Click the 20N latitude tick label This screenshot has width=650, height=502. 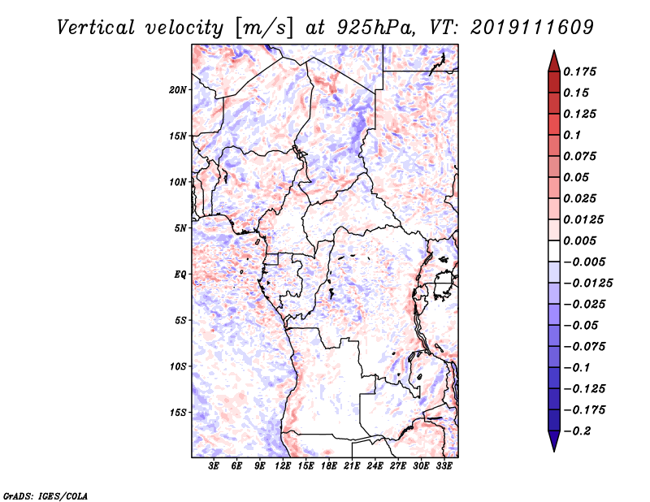178,89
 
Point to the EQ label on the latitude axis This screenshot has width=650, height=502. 180,275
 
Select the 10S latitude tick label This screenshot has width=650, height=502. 178,366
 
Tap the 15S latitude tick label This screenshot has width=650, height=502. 178,413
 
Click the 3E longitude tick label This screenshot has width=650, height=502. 214,466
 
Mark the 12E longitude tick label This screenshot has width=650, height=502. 283,466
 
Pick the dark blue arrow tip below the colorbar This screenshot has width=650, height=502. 553,445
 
